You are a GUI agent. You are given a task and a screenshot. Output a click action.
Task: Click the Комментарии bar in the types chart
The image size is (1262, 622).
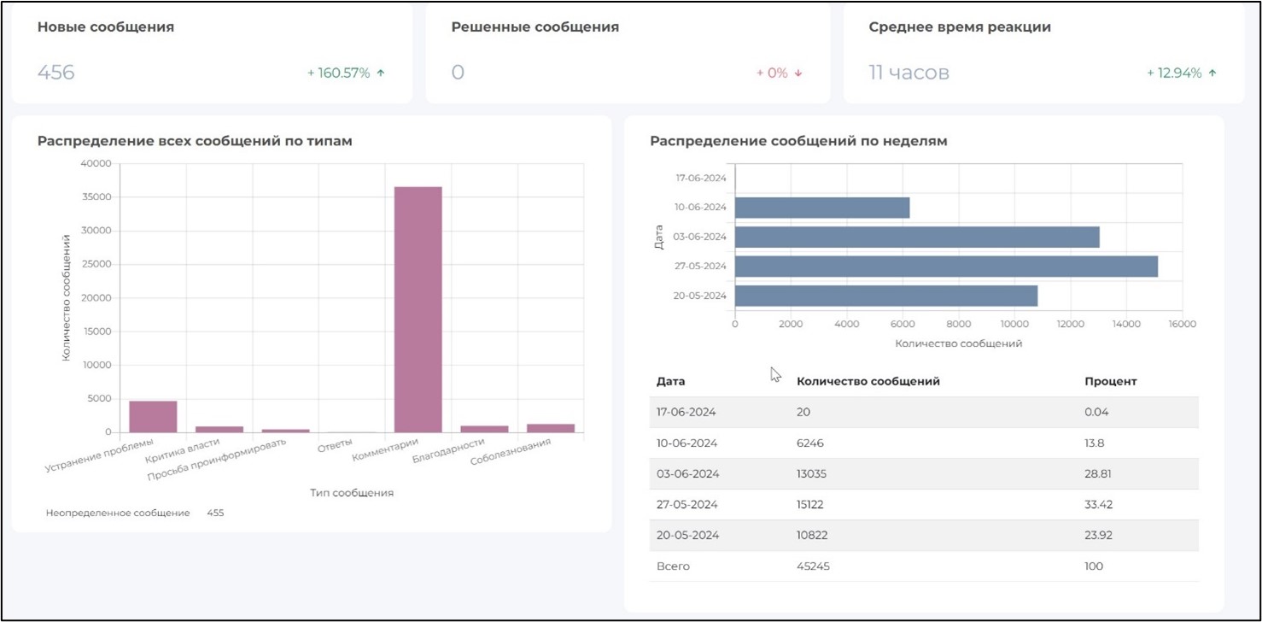pyautogui.click(x=418, y=308)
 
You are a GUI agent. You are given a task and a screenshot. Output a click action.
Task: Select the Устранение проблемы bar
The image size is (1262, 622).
pyautogui.click(x=153, y=416)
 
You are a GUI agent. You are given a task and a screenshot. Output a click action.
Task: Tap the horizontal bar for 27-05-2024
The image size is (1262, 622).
pyautogui.click(x=946, y=266)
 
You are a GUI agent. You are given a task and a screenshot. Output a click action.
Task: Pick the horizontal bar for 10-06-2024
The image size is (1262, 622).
pyautogui.click(x=821, y=208)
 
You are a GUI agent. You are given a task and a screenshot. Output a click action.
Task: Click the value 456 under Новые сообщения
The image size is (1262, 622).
pyautogui.click(x=56, y=73)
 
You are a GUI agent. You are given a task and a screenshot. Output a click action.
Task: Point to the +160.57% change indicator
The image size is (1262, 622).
pyautogui.click(x=346, y=73)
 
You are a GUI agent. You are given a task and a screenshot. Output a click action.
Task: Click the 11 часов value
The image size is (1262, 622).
pyautogui.click(x=909, y=73)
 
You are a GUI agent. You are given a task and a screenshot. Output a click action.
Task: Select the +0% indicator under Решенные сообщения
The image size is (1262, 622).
pyautogui.click(x=779, y=73)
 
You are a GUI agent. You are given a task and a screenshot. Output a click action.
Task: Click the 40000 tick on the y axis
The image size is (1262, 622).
pyautogui.click(x=95, y=163)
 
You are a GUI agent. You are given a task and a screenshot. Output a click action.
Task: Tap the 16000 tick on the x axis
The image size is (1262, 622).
pyautogui.click(x=1182, y=325)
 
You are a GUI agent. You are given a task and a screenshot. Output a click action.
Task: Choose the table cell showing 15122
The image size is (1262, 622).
pyautogui.click(x=812, y=504)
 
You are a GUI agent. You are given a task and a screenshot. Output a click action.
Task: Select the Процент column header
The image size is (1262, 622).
pyautogui.click(x=1110, y=381)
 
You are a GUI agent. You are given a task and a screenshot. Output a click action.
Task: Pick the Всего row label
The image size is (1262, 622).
pyautogui.click(x=673, y=566)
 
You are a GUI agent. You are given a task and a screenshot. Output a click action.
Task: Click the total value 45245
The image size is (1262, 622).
pyautogui.click(x=813, y=566)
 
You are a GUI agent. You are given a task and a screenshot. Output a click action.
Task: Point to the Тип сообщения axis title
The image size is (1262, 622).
pyautogui.click(x=351, y=493)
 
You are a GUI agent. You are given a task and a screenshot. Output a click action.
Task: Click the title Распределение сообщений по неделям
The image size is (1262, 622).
pyautogui.click(x=798, y=141)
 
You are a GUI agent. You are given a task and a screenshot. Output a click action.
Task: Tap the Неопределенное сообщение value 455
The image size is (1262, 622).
pyautogui.click(x=215, y=513)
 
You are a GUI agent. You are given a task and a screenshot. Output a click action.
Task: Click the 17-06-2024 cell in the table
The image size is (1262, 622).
pyautogui.click(x=686, y=412)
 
